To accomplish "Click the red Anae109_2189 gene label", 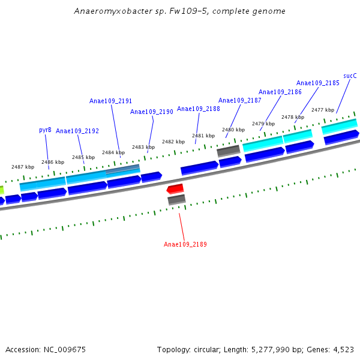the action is (185, 244).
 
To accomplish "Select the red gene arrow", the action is (175, 189).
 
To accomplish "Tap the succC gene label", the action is (350, 76).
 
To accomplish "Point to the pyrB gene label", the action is (45, 130).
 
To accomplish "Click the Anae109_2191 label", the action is (110, 101).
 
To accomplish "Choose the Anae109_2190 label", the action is (151, 112).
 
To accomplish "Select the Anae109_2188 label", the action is (198, 109).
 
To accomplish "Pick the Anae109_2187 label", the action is (239, 100).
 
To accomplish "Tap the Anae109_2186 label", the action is (280, 92).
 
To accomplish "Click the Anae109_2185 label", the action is (317, 83).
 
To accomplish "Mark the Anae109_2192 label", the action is (77, 131).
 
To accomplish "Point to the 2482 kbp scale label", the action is (173, 142).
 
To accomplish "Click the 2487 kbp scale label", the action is (23, 167).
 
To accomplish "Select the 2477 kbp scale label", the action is (322, 110).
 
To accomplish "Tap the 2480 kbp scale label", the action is (233, 130).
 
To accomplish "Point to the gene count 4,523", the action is (342, 349).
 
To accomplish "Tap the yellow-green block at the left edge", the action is (2, 190).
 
